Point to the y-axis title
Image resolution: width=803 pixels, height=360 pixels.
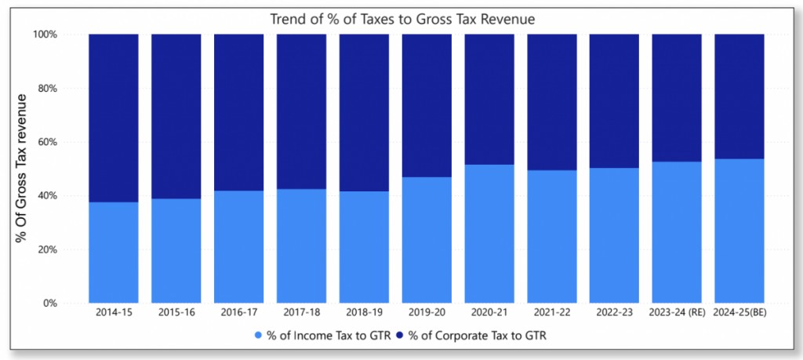[x=24, y=168]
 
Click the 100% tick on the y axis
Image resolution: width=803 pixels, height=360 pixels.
[x=45, y=35]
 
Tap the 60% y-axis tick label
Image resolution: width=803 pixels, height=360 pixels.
[x=47, y=142]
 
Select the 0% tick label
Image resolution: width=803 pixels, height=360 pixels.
[x=51, y=304]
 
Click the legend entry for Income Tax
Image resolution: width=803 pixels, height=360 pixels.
[x=322, y=336]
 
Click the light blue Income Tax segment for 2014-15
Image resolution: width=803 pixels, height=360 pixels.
[x=114, y=253]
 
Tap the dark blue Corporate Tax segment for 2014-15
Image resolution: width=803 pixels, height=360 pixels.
[x=114, y=118]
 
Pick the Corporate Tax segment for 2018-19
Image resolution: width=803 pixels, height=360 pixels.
[x=364, y=112]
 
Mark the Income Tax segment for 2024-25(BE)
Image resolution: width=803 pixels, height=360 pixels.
[x=739, y=231]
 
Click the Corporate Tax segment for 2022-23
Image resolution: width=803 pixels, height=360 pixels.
[x=614, y=100]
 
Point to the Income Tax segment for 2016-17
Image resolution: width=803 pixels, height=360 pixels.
[x=239, y=247]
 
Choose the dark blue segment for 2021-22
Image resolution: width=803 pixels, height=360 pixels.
[x=552, y=102]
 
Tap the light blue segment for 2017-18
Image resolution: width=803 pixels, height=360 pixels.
[x=301, y=246]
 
